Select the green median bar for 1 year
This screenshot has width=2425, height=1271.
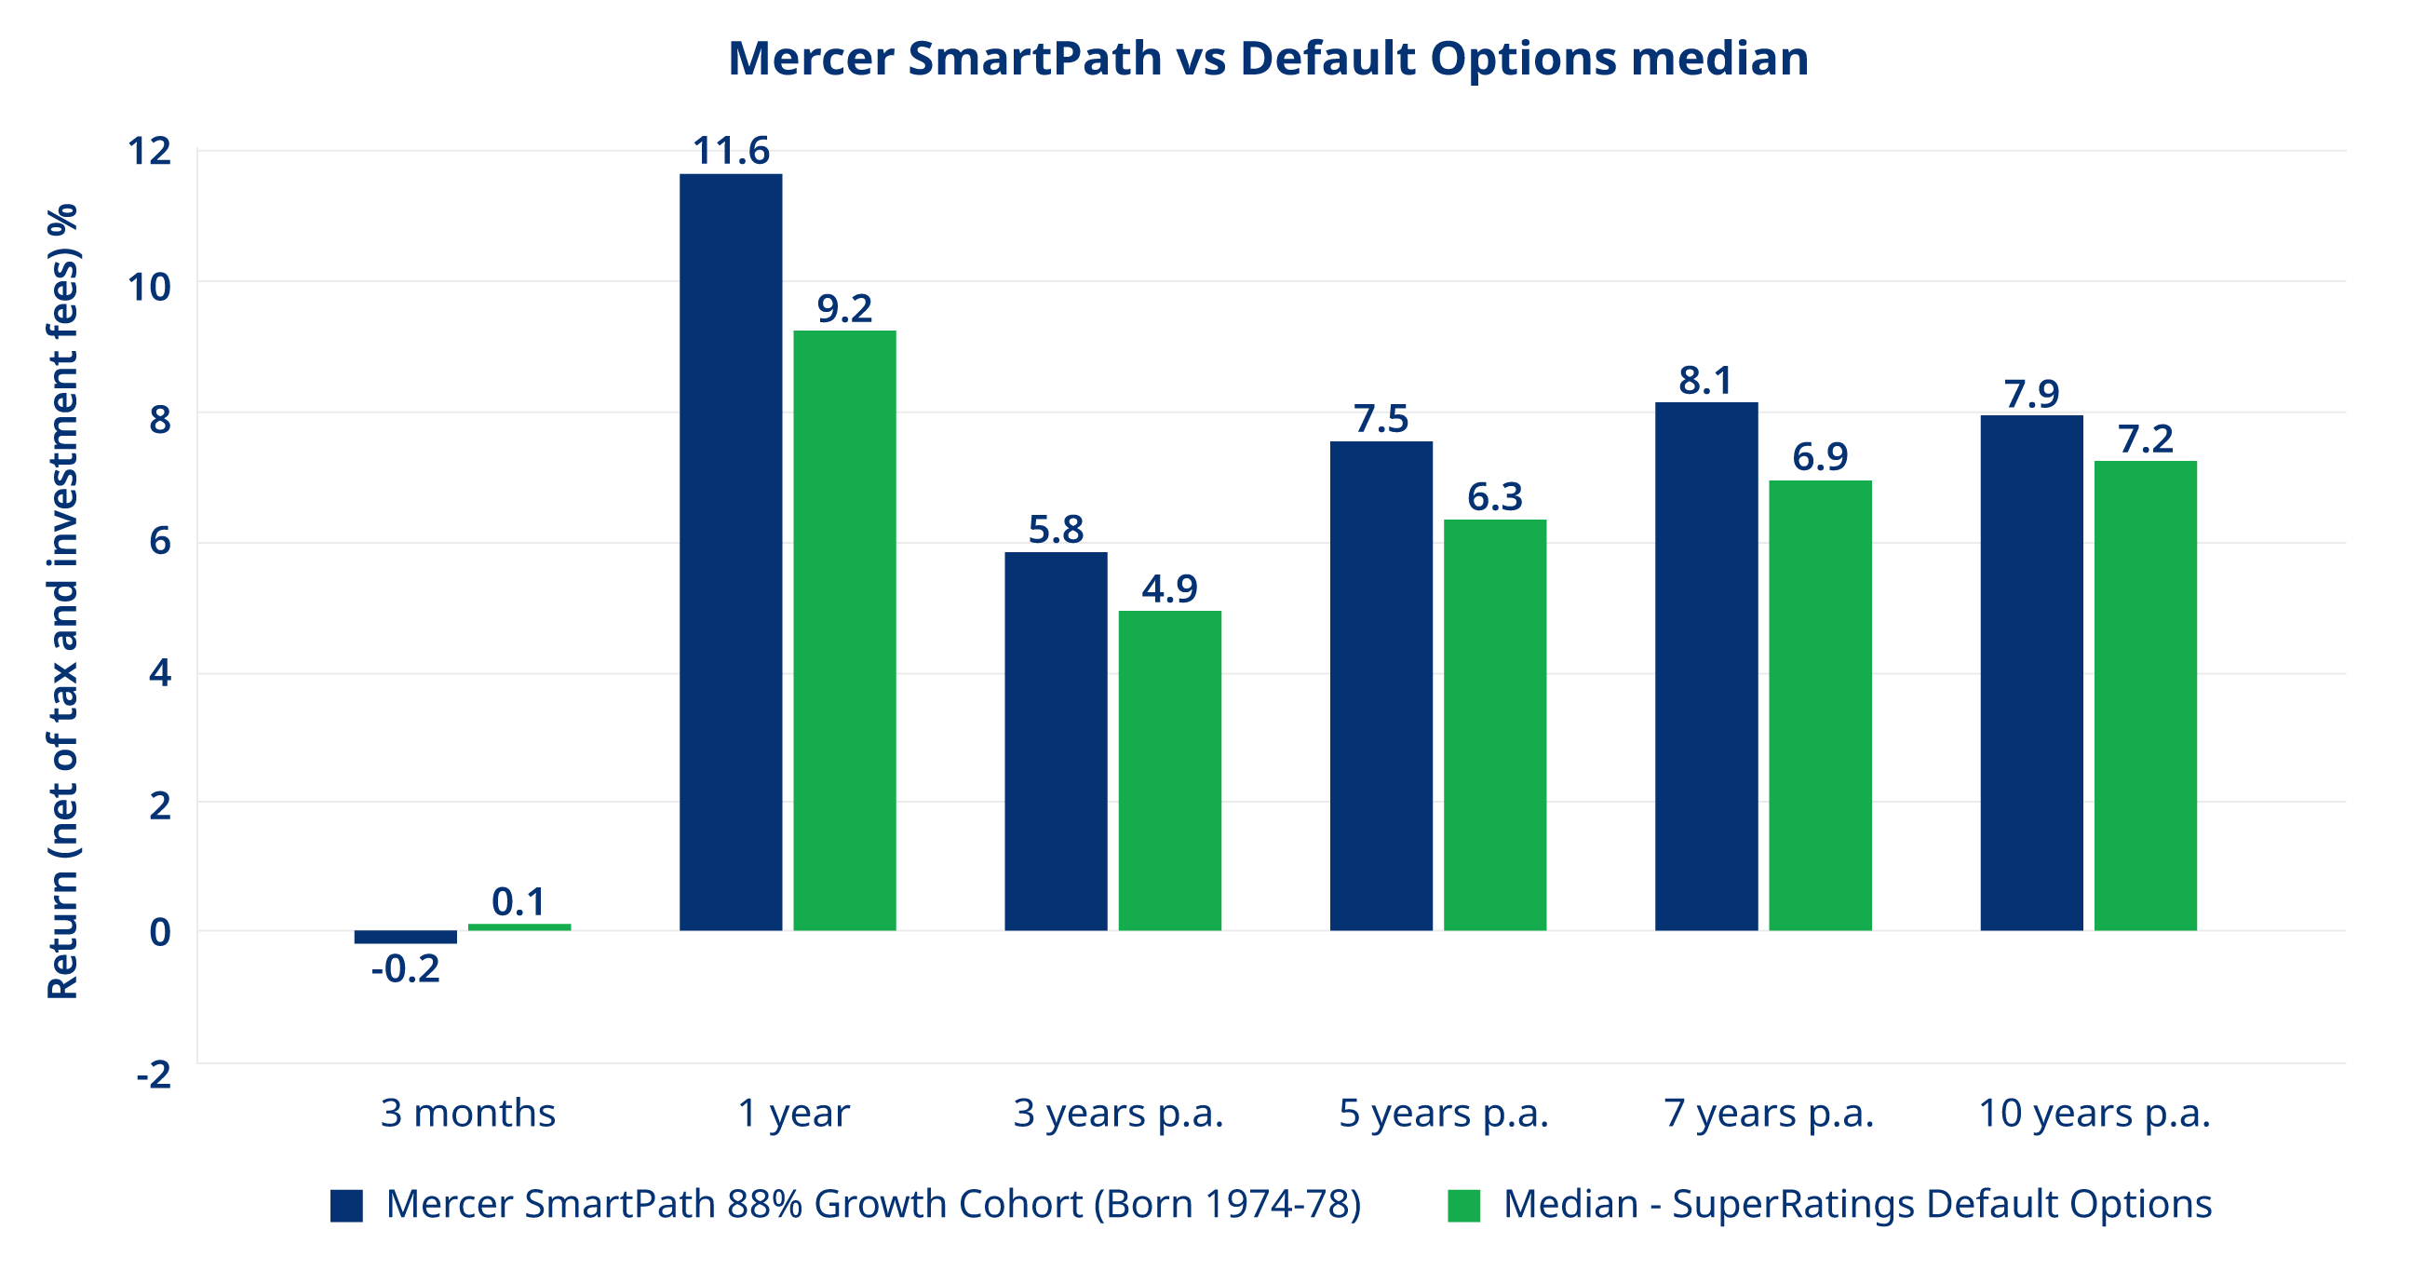point(844,630)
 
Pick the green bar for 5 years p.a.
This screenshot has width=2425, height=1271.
point(1495,725)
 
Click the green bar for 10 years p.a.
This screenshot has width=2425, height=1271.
point(2146,696)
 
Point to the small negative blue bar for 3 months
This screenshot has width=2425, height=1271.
point(405,937)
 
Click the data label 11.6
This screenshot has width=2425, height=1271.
point(731,151)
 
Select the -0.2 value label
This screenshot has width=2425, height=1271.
point(405,968)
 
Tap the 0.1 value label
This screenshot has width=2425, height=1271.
point(518,902)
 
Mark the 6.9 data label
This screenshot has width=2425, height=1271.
point(1820,456)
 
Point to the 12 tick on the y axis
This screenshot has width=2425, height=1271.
point(151,151)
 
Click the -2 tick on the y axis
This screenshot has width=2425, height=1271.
point(155,1075)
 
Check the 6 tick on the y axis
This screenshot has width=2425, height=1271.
point(160,542)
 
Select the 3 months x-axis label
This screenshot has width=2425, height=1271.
point(468,1113)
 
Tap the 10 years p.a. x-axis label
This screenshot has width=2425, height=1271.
point(2094,1113)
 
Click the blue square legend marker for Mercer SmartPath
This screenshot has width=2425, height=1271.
point(346,1205)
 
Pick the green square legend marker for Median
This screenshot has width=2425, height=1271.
point(1462,1205)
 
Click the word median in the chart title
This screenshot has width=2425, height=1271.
point(1719,59)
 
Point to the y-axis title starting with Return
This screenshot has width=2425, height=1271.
point(62,602)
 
